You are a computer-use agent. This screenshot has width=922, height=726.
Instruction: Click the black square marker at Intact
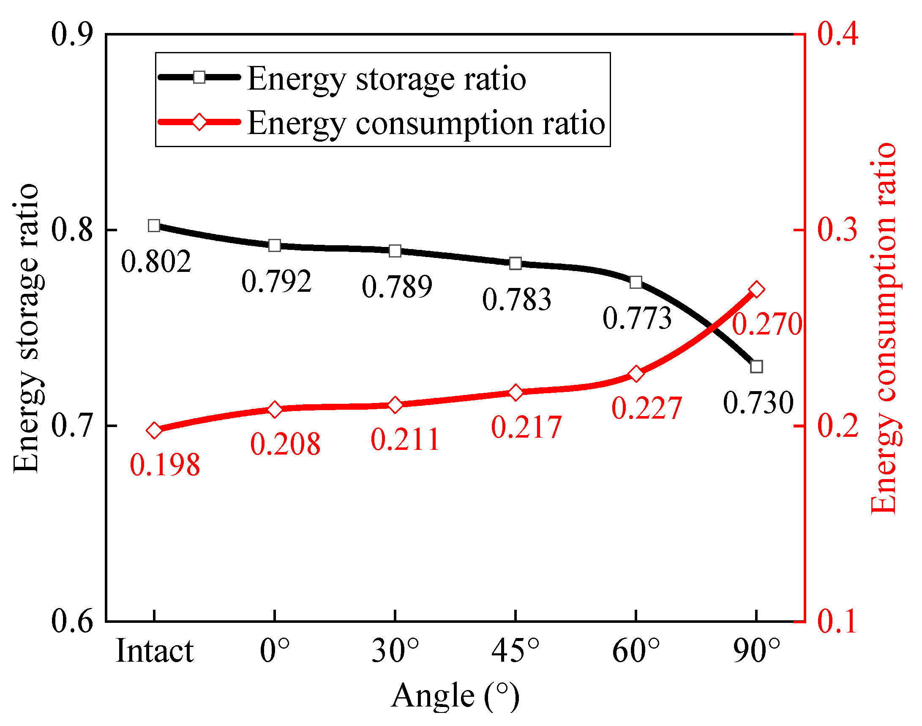click(154, 226)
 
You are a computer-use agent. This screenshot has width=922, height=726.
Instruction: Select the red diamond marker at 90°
click(756, 290)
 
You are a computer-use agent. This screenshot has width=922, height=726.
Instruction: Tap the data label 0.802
click(156, 262)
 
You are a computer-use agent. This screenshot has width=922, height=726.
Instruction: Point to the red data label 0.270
click(767, 325)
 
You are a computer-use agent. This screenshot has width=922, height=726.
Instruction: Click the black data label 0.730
click(758, 403)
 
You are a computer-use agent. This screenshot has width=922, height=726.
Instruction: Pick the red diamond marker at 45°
click(516, 392)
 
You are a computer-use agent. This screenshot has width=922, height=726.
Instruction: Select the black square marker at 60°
click(636, 282)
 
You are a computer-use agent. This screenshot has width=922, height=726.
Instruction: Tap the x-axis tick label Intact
click(155, 652)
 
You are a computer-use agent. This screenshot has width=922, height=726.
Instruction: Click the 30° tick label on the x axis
click(395, 652)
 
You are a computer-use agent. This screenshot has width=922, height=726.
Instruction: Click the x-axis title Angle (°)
click(455, 696)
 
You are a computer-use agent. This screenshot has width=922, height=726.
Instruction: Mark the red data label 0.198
click(165, 465)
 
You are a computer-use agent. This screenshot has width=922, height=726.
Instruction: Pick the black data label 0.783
click(516, 300)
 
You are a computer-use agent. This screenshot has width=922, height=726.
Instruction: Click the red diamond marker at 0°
click(275, 409)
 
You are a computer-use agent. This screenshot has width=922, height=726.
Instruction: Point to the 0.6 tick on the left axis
click(72, 622)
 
